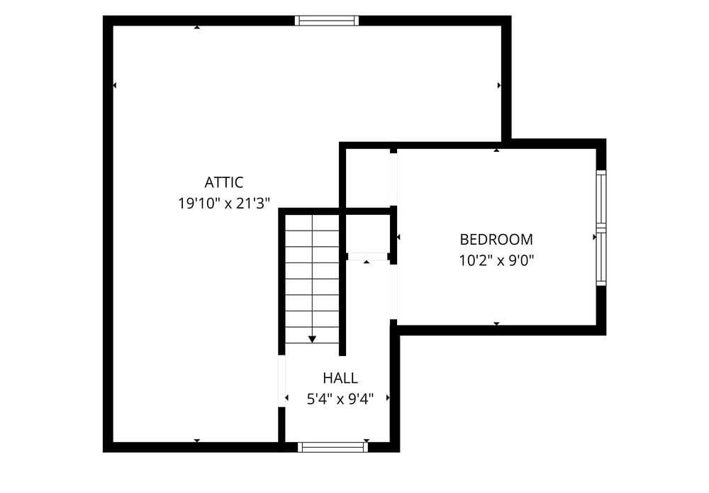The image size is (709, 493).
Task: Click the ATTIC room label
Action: pos(224,182)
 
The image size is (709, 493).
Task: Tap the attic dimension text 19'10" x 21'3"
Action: pos(224,204)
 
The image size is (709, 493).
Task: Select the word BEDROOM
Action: pos(496,239)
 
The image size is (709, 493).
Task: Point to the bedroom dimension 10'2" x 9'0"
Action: pos(496,260)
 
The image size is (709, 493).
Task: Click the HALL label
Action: pos(340,377)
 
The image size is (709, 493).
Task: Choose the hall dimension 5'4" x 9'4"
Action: pos(340,399)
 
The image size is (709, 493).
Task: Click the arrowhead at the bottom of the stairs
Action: pos(312,339)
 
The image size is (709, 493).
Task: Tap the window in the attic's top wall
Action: pos(326,21)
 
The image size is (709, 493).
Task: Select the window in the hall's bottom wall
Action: pos(333,447)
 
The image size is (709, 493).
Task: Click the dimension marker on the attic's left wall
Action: pos(114,85)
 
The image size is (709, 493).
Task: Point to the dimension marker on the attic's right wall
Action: pos(499,85)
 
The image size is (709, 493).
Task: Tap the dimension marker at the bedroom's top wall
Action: pos(496,150)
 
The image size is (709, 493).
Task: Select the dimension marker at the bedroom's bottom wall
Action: pos(496,324)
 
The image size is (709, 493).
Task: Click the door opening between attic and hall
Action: pos(281,381)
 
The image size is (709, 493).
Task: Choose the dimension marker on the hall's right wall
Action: pos(388,397)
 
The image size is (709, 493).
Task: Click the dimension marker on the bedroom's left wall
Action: pos(398,236)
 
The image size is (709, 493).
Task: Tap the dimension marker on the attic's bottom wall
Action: pos(196,441)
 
